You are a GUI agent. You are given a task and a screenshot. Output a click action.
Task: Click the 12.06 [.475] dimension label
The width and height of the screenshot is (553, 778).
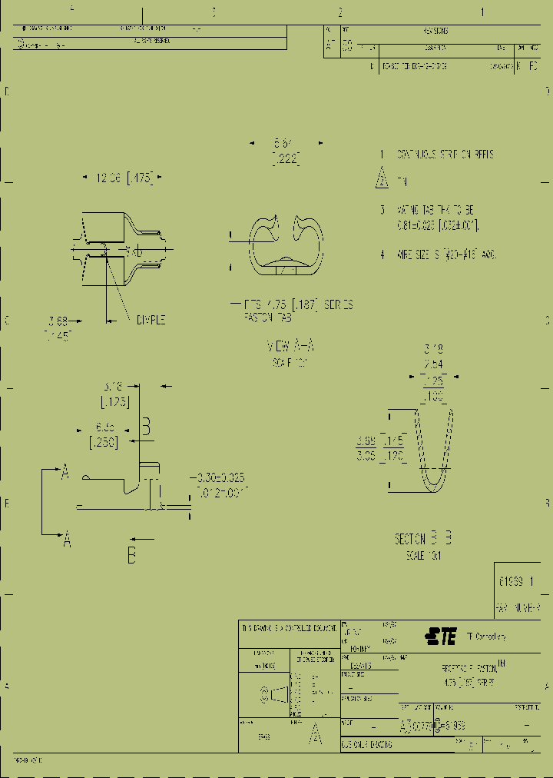click(123, 178)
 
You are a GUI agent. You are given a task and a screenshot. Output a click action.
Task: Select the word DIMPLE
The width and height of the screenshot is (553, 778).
click(151, 320)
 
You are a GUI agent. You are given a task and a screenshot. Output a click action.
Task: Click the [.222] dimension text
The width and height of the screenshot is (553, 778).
click(285, 158)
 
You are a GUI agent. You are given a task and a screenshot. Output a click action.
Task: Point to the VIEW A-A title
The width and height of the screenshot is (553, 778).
click(290, 346)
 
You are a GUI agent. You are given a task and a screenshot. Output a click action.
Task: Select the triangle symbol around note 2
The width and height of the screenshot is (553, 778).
click(382, 181)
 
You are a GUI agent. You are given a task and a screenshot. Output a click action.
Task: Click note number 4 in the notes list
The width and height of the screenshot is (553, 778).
click(382, 254)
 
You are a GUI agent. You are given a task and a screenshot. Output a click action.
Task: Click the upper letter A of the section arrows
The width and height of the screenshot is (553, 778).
click(65, 474)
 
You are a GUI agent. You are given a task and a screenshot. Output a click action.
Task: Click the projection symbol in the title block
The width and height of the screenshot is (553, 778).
click(277, 695)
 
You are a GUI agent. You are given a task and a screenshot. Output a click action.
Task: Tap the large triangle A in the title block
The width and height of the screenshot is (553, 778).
click(314, 736)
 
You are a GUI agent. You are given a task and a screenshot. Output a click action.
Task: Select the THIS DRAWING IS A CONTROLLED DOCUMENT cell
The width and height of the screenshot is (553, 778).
click(288, 627)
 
